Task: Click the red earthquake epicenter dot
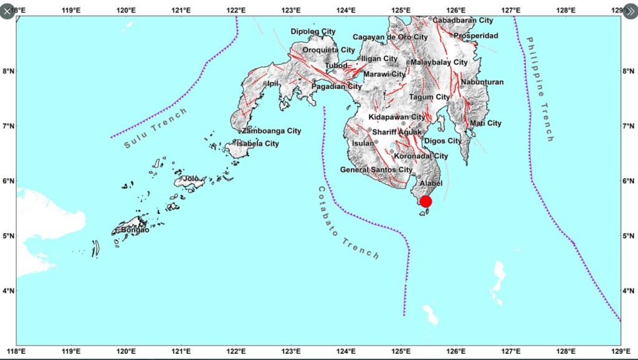[x=426, y=201]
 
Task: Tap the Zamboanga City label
[x=272, y=131]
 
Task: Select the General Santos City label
[x=376, y=169]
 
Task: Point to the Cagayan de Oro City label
[x=390, y=37]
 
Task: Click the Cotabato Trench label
[x=347, y=223]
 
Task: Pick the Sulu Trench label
[x=156, y=128]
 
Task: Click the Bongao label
[x=135, y=229]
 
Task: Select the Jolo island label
[x=191, y=179]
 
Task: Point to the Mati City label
[x=485, y=123]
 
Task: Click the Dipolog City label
[x=313, y=32]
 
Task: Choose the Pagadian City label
[x=336, y=87]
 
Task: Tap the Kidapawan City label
[x=397, y=117]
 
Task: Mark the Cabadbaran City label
[x=462, y=21]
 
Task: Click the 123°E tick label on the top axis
[x=291, y=11]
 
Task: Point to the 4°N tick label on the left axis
[x=7, y=291]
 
